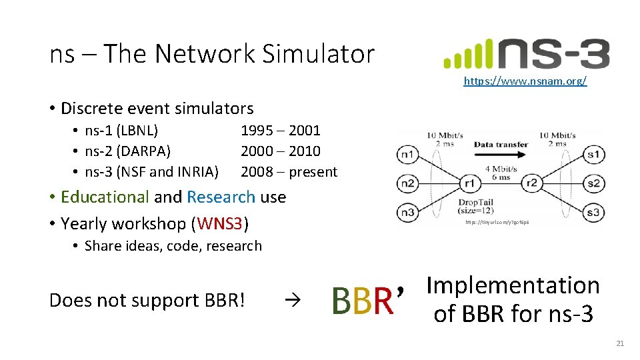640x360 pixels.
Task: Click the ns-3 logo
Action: point(526,54)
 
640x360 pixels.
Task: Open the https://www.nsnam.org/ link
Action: point(525,81)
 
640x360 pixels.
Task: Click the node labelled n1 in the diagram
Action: point(407,155)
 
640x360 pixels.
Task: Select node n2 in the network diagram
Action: point(407,183)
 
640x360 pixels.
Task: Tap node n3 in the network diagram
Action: point(407,213)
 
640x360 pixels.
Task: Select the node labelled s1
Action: point(593,155)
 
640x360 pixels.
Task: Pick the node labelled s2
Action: point(593,183)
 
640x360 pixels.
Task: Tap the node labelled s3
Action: point(593,213)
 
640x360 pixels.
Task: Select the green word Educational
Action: point(105,197)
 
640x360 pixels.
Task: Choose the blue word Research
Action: point(221,197)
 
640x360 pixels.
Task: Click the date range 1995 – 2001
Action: point(280,131)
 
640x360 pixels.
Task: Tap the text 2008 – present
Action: point(289,172)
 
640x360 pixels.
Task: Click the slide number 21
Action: point(620,343)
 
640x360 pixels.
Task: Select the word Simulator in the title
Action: point(318,54)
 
